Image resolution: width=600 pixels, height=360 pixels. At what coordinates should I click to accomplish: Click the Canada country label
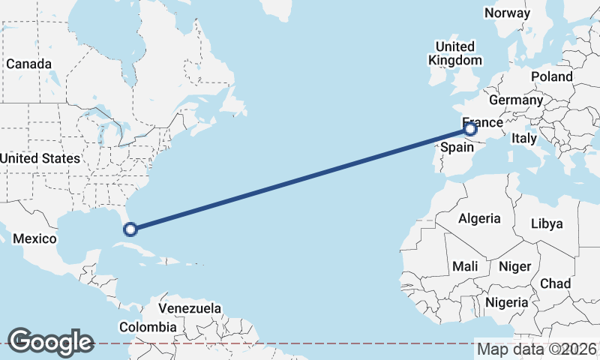[29, 64]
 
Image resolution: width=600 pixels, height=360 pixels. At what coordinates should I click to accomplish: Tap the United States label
[40, 158]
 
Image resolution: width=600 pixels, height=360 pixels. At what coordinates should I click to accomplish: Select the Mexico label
[35, 238]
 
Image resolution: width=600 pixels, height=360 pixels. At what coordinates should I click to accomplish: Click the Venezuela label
[190, 308]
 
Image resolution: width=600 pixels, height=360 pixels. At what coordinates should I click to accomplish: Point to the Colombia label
[148, 327]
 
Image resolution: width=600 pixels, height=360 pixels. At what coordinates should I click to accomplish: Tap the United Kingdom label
[455, 53]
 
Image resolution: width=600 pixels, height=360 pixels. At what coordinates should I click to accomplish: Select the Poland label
[551, 76]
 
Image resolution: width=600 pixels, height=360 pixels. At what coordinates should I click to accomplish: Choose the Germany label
[515, 100]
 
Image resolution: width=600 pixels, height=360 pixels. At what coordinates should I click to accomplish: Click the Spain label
[457, 147]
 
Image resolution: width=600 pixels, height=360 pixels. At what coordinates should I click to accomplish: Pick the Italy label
[524, 138]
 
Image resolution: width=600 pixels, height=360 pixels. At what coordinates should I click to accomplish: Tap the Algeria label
[479, 218]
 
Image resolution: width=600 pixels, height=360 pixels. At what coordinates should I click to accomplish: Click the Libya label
[546, 223]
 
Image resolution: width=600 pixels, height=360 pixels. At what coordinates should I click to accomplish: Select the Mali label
[465, 266]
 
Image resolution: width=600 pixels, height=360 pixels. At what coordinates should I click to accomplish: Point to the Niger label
[514, 266]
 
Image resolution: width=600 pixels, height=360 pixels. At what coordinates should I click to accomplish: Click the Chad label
[555, 283]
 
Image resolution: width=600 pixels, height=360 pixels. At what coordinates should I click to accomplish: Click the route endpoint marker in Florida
[130, 229]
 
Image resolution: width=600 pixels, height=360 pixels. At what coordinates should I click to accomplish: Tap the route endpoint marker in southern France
[470, 129]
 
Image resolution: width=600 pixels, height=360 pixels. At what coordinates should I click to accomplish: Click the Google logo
[50, 342]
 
